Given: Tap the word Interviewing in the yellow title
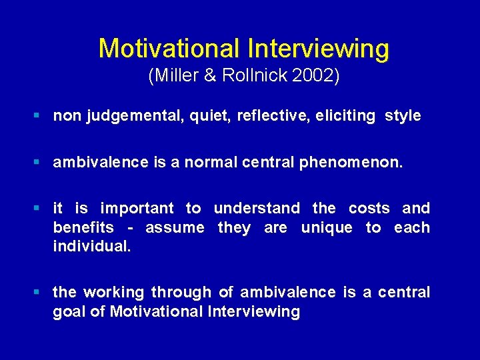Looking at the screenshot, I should pos(319,49).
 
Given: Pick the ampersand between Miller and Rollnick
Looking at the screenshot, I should pos(211,77).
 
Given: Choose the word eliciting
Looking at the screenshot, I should pos(347,116).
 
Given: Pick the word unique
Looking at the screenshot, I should pos(326,228).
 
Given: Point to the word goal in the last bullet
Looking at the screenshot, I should pos(67,312).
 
